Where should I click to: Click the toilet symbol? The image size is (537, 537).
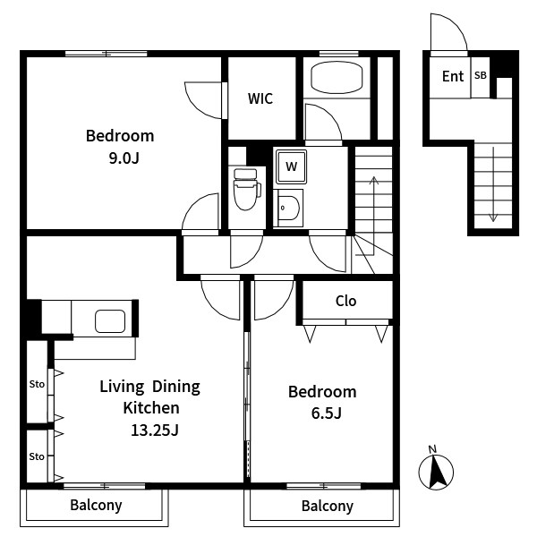pos(246,189)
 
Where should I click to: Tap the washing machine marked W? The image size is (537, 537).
pos(292,166)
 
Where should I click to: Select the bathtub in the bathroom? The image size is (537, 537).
pos(337,77)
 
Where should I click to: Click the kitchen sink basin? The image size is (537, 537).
pos(110,321)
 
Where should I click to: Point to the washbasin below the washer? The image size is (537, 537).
pos(289,208)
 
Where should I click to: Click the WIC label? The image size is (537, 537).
pos(260,98)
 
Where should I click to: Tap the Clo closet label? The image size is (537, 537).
pos(345,301)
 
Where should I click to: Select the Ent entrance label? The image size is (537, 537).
pos(453,76)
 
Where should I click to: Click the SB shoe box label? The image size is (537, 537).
pos(480,75)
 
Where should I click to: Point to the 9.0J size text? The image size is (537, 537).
pos(124,158)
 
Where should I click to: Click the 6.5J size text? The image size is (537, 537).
pos(327,413)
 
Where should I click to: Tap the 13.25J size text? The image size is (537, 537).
pos(155,430)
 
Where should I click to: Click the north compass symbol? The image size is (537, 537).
pos(436,471)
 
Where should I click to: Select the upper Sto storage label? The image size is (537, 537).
pos(37,384)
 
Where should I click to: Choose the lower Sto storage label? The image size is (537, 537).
pos(37,456)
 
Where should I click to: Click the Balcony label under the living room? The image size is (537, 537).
pos(97,505)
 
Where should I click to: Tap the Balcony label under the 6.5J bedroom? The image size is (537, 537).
pos(328,507)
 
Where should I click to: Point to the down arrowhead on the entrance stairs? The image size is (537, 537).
pos(493,217)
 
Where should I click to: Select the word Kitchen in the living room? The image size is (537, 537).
pos(151,408)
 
